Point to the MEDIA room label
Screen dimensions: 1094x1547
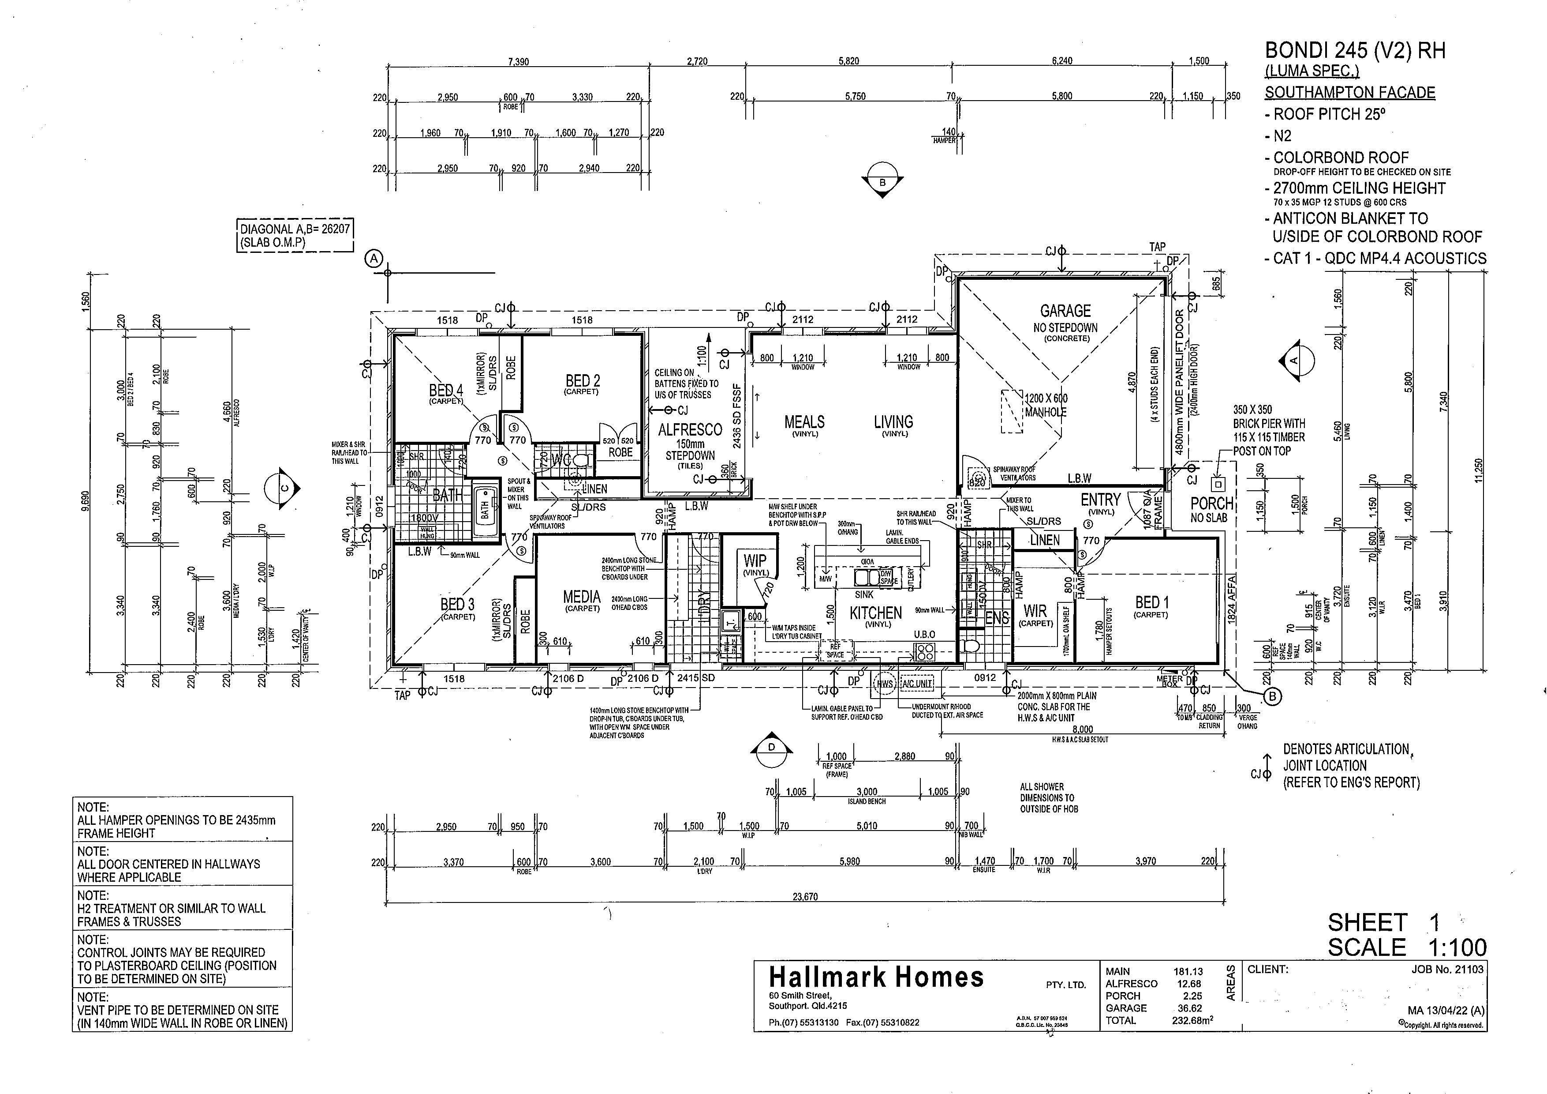click(x=582, y=597)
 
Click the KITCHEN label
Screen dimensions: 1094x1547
click(x=875, y=613)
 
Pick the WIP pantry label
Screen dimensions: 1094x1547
click(x=755, y=561)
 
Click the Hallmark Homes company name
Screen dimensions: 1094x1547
click(x=876, y=977)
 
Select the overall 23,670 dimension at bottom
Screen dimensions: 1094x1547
click(x=805, y=896)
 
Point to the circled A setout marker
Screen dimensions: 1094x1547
click(x=374, y=258)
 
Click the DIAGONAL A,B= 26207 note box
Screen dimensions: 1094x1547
click(x=295, y=235)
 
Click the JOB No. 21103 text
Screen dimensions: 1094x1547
click(x=1447, y=969)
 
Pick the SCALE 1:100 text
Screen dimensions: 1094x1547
click(x=1407, y=947)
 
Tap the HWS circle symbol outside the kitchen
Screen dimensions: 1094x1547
click(x=884, y=684)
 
